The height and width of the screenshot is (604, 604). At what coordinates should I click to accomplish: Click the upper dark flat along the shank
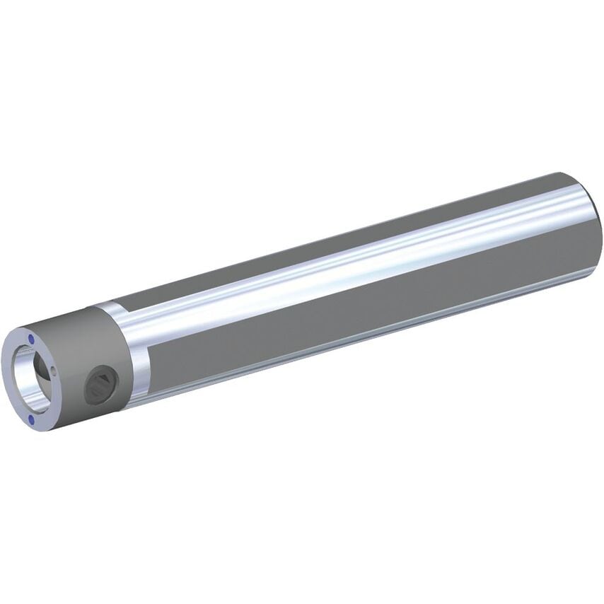tap(318, 240)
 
